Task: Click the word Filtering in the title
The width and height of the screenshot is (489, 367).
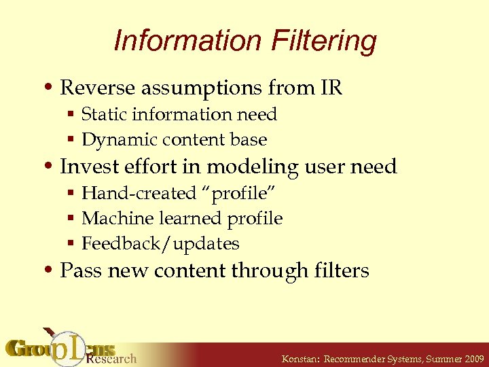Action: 324,41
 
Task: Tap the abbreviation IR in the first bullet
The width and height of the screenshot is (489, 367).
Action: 329,88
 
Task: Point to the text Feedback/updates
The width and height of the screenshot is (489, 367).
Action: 160,243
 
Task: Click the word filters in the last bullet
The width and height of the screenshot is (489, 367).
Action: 342,270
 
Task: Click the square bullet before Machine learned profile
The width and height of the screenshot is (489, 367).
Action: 71,219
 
